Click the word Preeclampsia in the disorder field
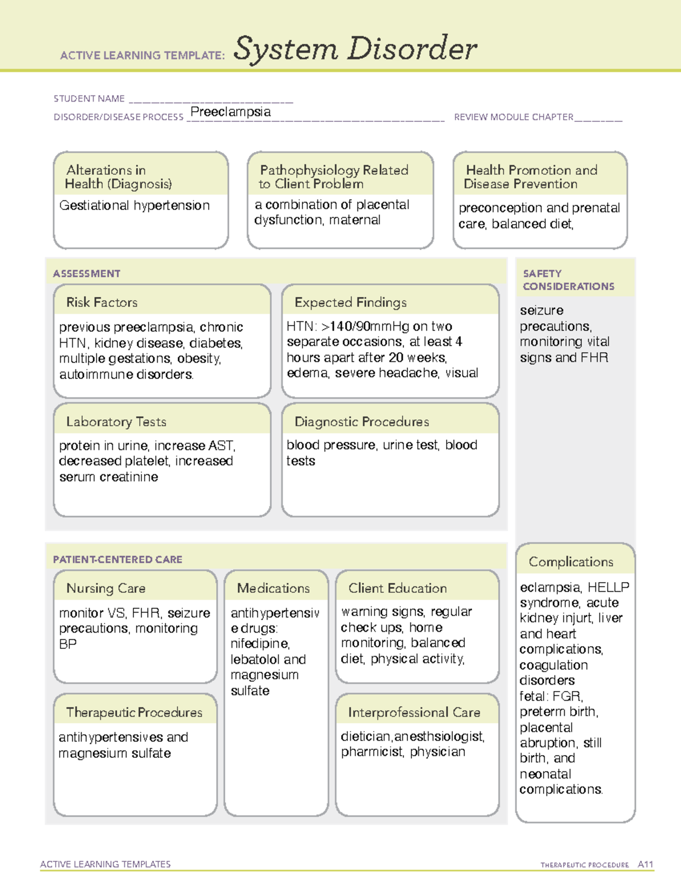[x=230, y=112]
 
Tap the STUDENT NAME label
[x=89, y=99]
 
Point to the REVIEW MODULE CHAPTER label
[x=514, y=117]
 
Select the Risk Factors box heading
[x=102, y=302]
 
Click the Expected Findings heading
[x=350, y=302]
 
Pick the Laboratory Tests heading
[x=116, y=421]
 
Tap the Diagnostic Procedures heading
[x=361, y=421]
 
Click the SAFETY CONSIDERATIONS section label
[x=568, y=280]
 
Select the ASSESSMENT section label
[x=87, y=273]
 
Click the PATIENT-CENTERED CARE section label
[x=117, y=559]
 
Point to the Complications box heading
[x=571, y=562]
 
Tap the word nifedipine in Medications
[x=259, y=644]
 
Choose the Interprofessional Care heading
[x=414, y=712]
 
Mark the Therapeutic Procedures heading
[x=134, y=712]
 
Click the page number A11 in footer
[x=645, y=864]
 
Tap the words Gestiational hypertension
[x=134, y=205]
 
